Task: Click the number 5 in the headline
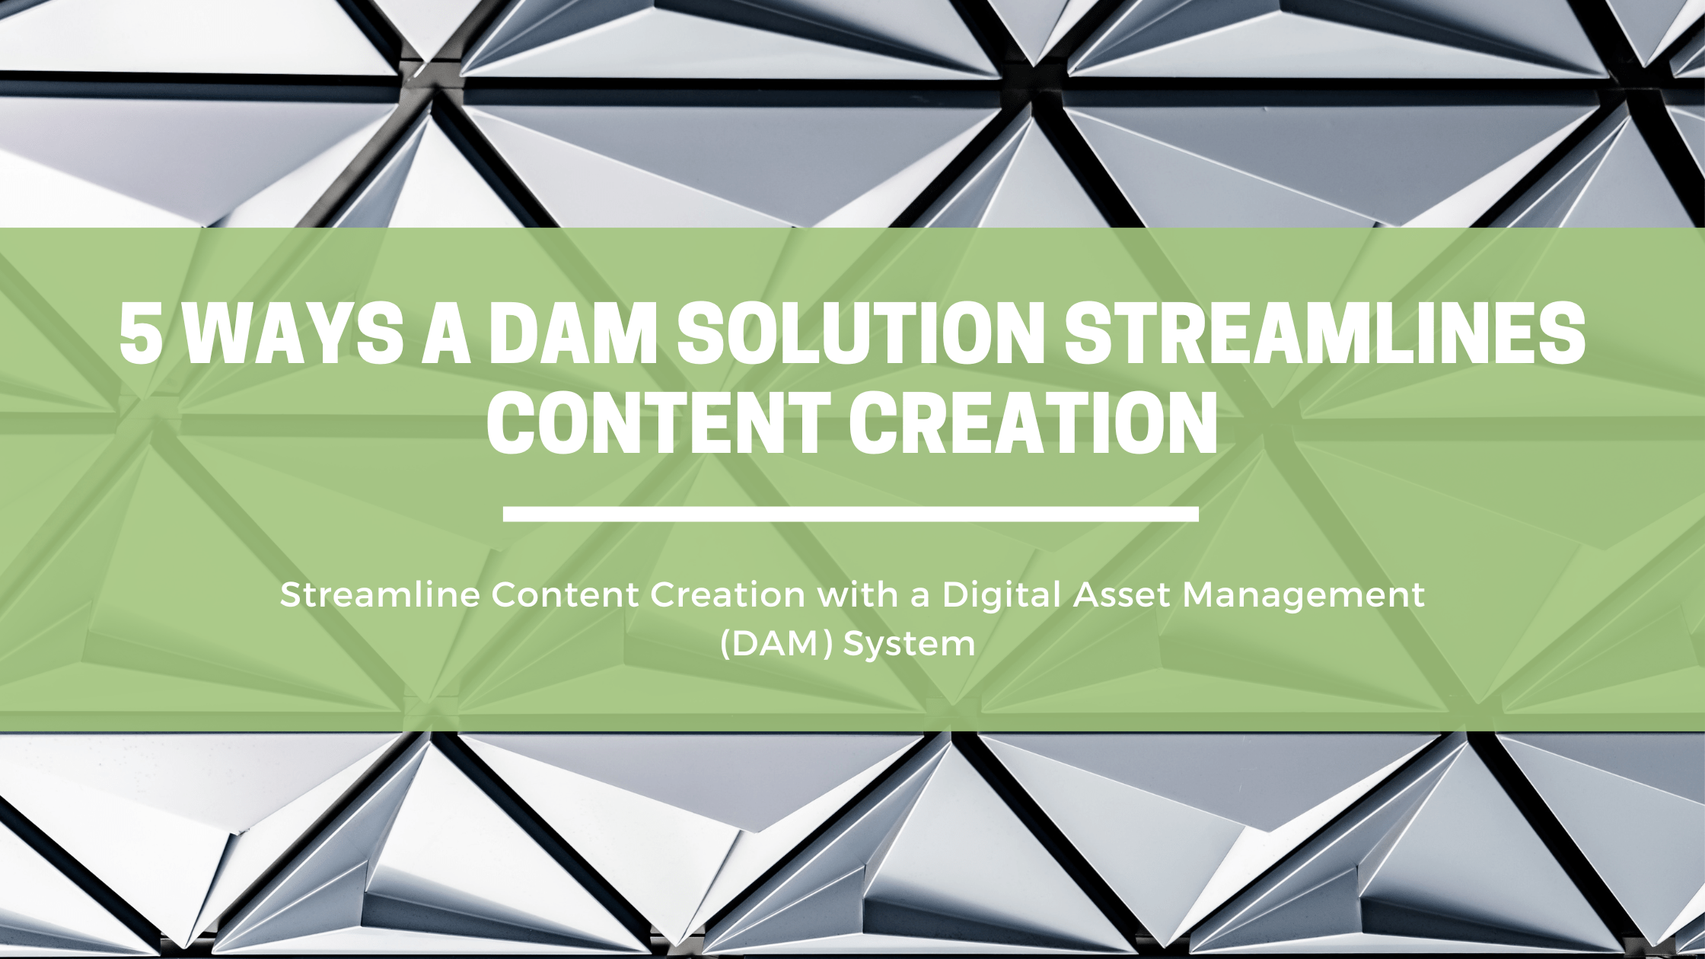pos(142,335)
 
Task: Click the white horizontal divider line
pos(850,514)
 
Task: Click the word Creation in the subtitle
pos(728,594)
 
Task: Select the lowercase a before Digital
pos(920,597)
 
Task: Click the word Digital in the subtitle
pos(1002,594)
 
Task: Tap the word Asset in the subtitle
pos(1122,594)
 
